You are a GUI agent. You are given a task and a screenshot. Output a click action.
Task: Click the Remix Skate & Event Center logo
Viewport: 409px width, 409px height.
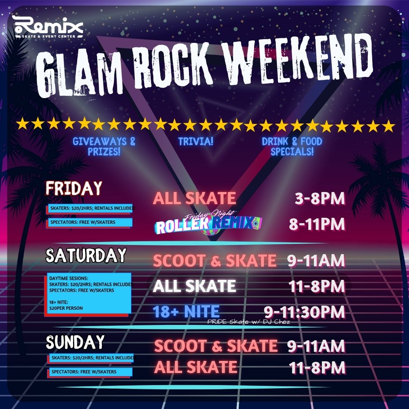(48, 27)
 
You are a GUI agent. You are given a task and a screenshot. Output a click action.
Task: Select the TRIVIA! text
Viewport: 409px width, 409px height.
(196, 141)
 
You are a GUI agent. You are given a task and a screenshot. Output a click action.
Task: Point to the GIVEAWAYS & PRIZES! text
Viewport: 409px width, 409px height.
(104, 146)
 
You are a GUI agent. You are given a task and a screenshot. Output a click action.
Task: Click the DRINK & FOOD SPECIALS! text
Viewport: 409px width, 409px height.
(292, 146)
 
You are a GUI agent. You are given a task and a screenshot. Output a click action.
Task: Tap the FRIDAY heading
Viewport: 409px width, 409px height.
(74, 188)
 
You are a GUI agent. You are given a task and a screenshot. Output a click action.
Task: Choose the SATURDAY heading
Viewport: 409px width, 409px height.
(86, 255)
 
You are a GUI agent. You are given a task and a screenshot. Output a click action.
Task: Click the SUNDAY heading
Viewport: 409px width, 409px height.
(75, 342)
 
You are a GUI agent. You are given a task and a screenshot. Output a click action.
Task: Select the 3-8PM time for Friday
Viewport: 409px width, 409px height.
(320, 198)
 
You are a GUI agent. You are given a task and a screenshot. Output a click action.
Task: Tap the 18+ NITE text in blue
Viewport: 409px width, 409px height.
(186, 311)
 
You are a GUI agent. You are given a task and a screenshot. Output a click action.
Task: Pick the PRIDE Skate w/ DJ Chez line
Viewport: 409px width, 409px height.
(248, 322)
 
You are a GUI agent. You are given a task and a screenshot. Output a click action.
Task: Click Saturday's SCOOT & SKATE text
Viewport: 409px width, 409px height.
(215, 261)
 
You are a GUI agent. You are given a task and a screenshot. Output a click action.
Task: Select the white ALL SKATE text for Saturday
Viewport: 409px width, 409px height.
(194, 286)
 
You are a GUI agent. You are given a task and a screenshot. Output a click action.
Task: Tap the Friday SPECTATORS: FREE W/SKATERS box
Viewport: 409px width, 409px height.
(89, 223)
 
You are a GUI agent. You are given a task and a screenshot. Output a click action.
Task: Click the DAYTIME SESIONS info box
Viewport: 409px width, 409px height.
(88, 294)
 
